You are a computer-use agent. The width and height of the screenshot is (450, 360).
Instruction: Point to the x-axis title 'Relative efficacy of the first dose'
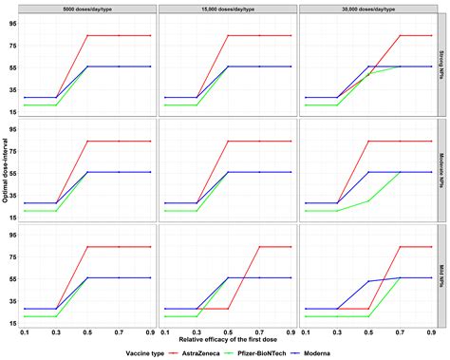(227, 337)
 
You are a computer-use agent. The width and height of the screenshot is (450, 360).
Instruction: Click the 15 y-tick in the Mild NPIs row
(11, 324)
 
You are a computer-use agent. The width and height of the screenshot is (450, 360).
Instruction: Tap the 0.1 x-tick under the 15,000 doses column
(164, 330)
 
